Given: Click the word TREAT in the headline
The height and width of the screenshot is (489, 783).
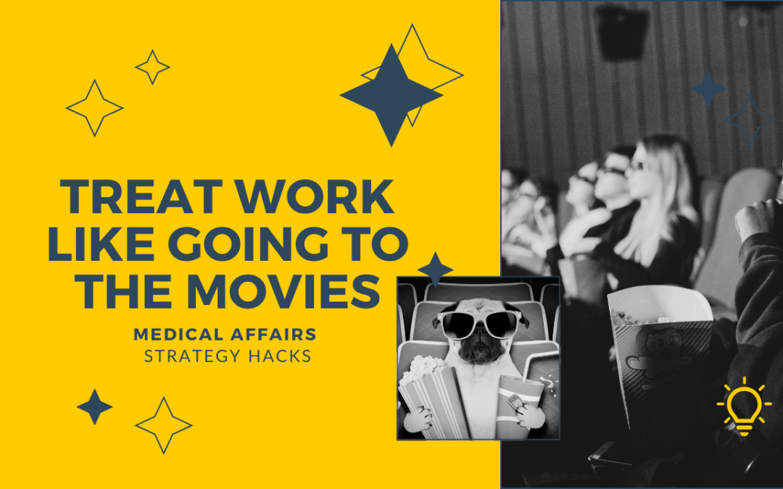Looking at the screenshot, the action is point(141,196).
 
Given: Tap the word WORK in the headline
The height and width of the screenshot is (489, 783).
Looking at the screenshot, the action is point(315,196).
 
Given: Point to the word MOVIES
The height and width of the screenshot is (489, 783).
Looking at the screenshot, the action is point(283,291).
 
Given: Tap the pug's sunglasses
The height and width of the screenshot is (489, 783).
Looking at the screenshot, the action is point(479,324).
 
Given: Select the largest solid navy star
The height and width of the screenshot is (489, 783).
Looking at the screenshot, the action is point(391,95).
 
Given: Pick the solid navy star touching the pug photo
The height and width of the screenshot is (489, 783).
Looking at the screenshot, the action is point(436,269).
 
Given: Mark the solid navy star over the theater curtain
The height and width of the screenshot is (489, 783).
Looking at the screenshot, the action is point(708,89).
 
